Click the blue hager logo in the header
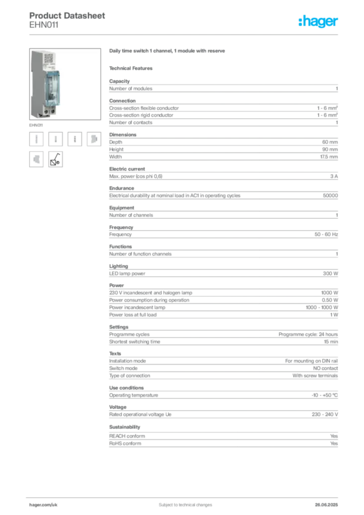click(x=319, y=22)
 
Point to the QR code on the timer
click(x=50, y=58)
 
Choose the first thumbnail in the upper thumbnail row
click(x=36, y=139)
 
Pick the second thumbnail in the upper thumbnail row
click(x=56, y=139)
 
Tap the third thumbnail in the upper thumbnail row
click(x=74, y=139)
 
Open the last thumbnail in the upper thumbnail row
click(x=93, y=139)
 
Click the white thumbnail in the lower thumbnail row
click(x=36, y=158)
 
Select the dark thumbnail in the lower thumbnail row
click(x=56, y=159)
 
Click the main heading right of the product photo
click(x=169, y=52)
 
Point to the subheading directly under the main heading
click(x=133, y=68)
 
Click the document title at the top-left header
click(x=68, y=15)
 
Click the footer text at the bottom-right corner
click(x=327, y=502)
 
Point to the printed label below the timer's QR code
click(x=49, y=67)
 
